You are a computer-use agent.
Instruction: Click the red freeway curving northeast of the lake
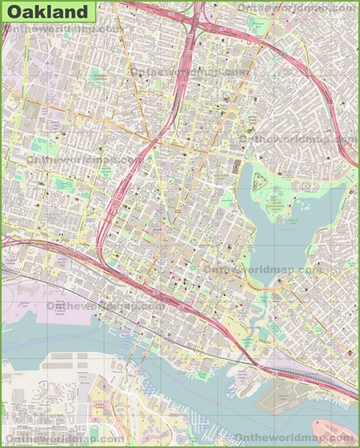pyautogui.click(x=319, y=87)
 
